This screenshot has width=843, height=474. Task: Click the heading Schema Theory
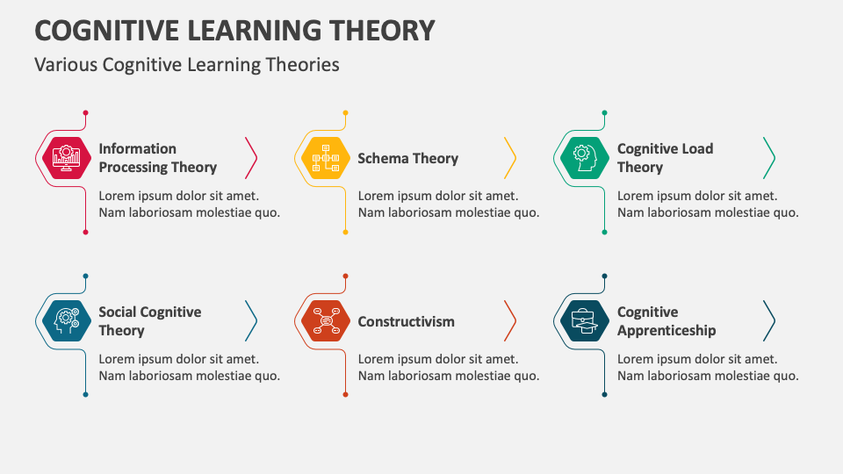coord(407,159)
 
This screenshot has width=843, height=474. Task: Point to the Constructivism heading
coord(406,322)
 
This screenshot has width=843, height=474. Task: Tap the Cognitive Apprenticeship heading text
coord(666,321)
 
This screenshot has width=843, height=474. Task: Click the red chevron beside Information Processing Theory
coord(251,159)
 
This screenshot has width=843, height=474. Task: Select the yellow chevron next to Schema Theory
coord(510,159)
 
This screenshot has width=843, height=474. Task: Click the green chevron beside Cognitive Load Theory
coord(769,159)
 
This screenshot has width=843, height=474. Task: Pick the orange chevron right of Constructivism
coord(510,321)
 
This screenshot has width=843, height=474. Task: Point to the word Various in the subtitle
coord(66,65)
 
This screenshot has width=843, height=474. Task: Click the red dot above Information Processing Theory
coord(85,113)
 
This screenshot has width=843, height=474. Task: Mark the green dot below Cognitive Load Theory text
coord(604,232)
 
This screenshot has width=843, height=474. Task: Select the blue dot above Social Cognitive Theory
coord(85,276)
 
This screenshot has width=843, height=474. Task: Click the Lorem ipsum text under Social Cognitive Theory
coord(189,368)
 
